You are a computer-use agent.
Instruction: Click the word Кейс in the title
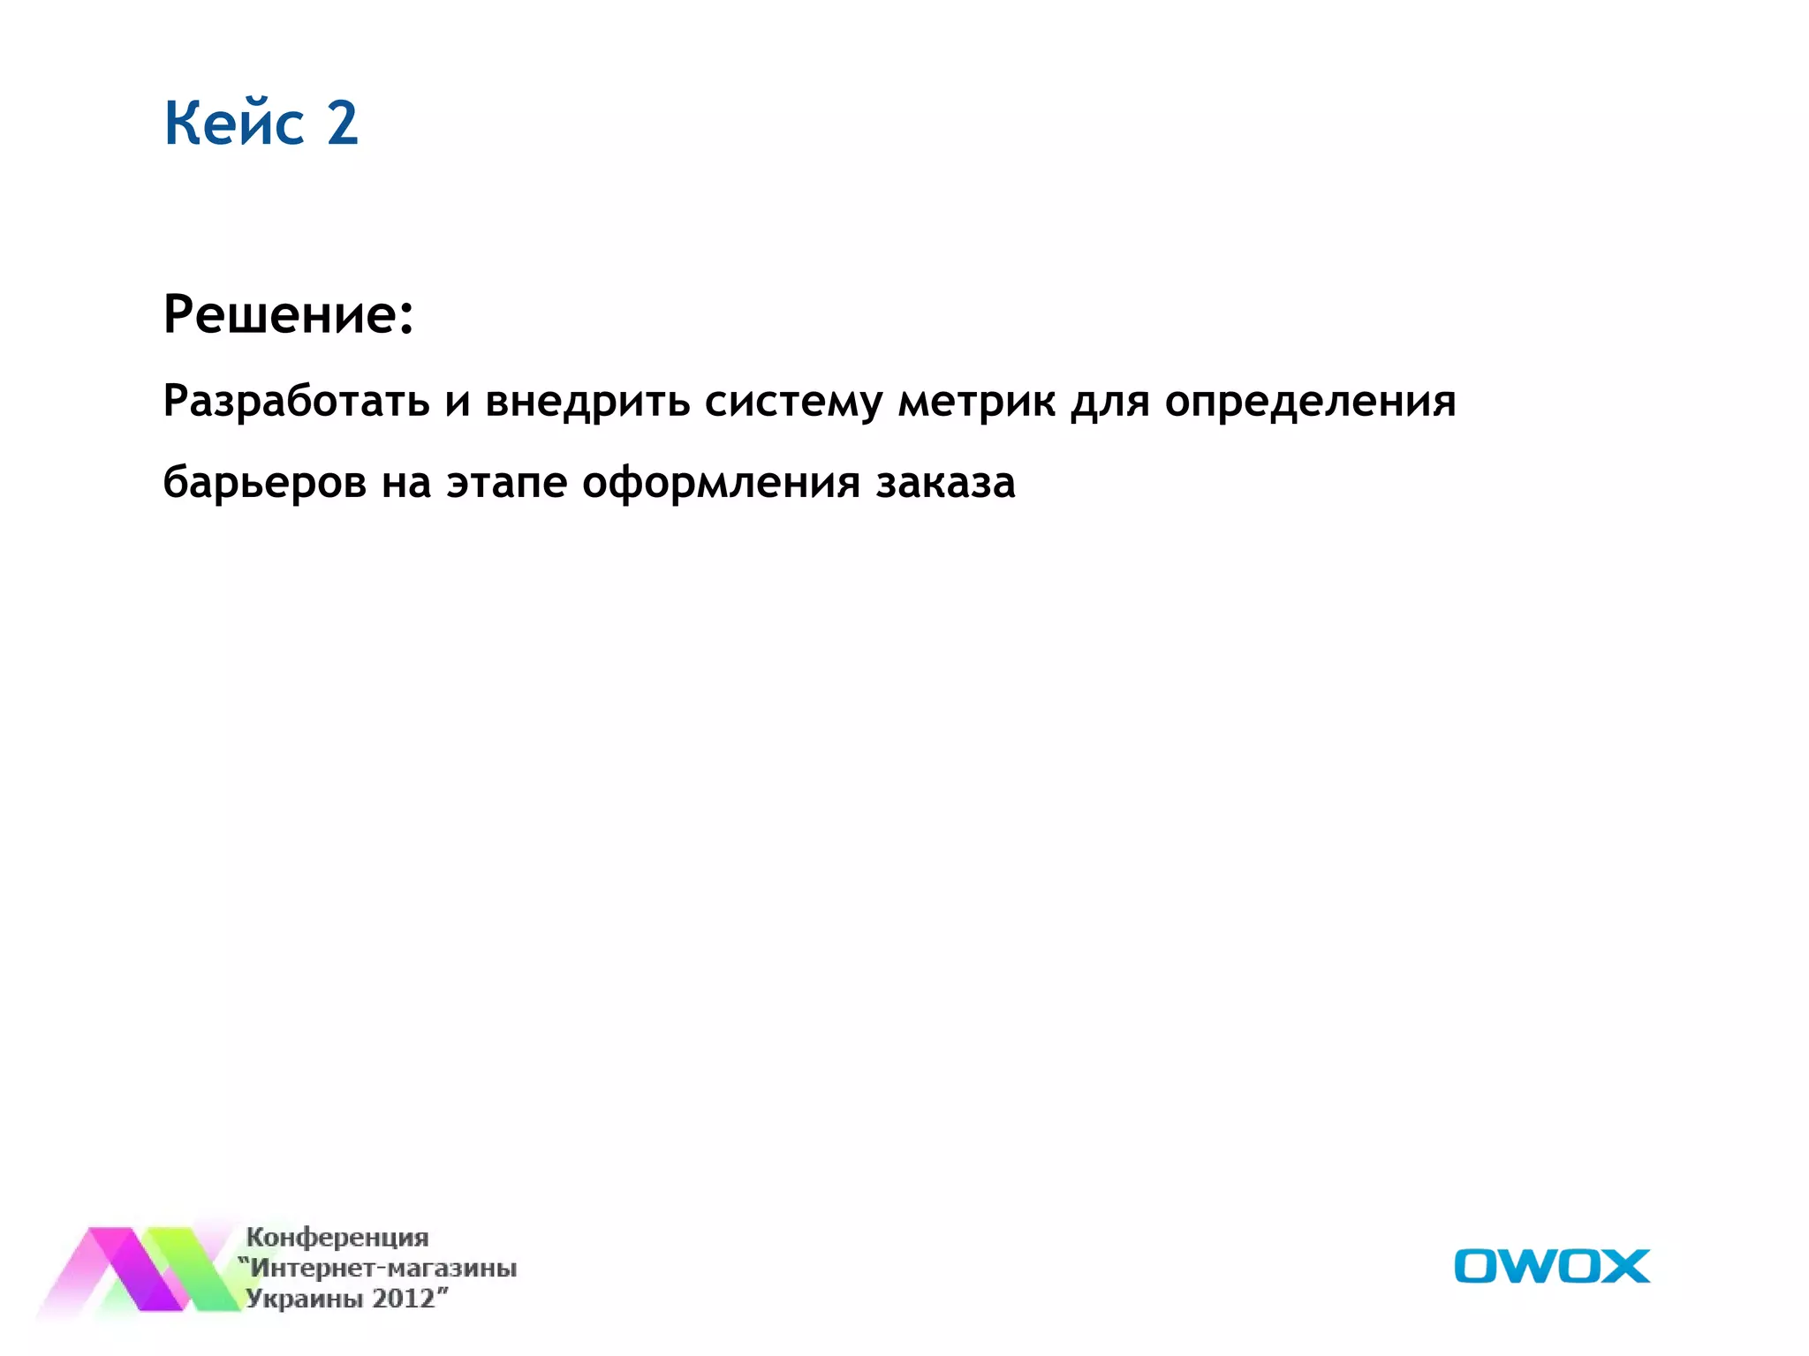click(x=234, y=123)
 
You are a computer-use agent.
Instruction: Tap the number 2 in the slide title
click(x=343, y=123)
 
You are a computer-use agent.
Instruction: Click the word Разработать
click(x=297, y=402)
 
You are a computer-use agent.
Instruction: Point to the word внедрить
click(x=587, y=402)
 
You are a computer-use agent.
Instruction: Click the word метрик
click(x=976, y=402)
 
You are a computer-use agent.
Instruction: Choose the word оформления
click(x=721, y=483)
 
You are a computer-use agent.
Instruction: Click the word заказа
click(x=945, y=483)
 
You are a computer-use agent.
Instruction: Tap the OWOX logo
click(x=1551, y=1266)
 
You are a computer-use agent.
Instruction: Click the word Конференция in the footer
click(x=337, y=1237)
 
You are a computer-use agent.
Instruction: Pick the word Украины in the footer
click(x=304, y=1299)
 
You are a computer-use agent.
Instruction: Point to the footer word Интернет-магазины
click(x=383, y=1269)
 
